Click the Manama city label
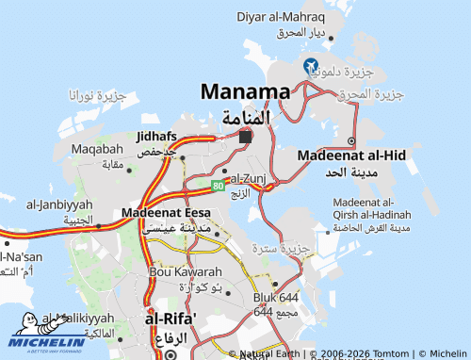245,92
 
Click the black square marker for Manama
245,138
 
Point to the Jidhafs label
156,137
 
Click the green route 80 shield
218,187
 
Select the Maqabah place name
97,149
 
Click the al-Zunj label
249,177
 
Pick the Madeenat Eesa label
166,213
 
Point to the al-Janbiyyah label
59,205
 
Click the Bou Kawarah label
179,271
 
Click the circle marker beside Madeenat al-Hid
351,141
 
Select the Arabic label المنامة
245,118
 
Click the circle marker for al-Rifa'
170,354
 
